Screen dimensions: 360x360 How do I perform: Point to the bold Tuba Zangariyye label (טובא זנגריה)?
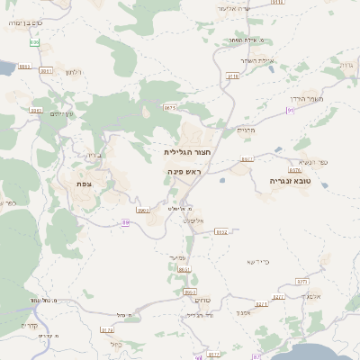(289, 180)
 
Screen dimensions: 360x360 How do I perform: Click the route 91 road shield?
(290, 110)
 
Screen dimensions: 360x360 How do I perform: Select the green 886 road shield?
(35, 42)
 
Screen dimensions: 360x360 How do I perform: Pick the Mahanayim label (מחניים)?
(247, 130)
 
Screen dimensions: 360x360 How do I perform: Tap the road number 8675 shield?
(170, 107)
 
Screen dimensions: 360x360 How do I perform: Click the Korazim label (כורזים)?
(202, 300)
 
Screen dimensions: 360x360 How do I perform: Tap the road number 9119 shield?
(233, 76)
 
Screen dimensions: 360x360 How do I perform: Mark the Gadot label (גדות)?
(346, 65)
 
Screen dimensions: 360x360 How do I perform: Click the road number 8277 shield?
(278, 296)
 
